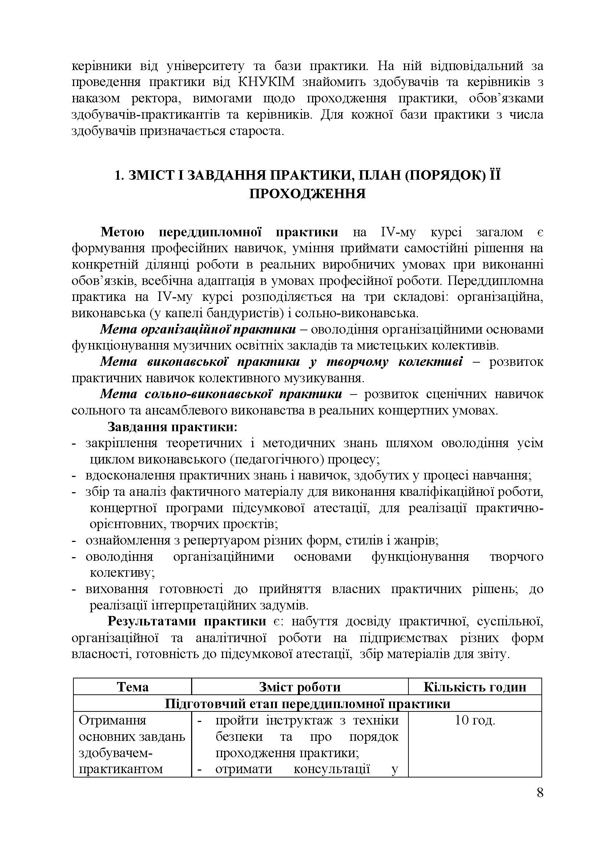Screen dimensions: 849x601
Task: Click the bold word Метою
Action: click(x=122, y=232)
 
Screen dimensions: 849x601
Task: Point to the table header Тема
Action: click(x=133, y=687)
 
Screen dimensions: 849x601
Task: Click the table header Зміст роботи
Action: click(x=300, y=687)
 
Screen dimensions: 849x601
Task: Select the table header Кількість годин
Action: click(x=475, y=687)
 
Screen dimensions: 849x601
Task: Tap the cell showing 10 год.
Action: click(x=475, y=720)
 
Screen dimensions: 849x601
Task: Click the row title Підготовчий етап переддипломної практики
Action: click(x=307, y=703)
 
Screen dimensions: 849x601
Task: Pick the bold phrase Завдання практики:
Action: click(x=172, y=427)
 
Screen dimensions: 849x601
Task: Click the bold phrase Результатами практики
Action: click(x=186, y=621)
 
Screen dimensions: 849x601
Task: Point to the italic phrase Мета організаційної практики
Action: click(x=198, y=330)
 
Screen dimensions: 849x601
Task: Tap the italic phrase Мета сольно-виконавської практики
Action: click(x=221, y=394)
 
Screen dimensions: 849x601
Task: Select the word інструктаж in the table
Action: click(x=300, y=720)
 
